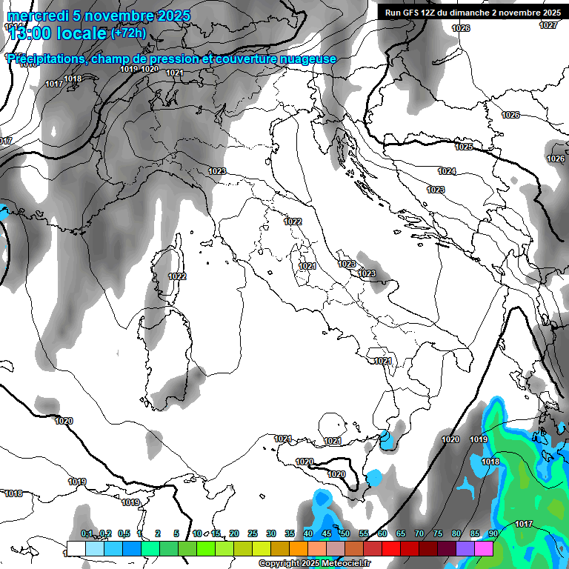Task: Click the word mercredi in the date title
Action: (x=35, y=16)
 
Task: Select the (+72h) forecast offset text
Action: (x=128, y=33)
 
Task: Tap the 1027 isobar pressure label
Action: (x=548, y=25)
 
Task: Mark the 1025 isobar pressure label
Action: (x=464, y=147)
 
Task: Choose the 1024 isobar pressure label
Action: (x=447, y=171)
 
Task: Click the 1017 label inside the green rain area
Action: (x=524, y=524)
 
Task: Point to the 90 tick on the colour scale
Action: (x=493, y=533)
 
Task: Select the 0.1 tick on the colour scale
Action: (x=87, y=533)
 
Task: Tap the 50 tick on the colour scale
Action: (x=345, y=533)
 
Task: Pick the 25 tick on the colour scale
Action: (x=253, y=533)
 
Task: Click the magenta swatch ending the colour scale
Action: (x=484, y=548)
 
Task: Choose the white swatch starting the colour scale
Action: (x=76, y=548)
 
